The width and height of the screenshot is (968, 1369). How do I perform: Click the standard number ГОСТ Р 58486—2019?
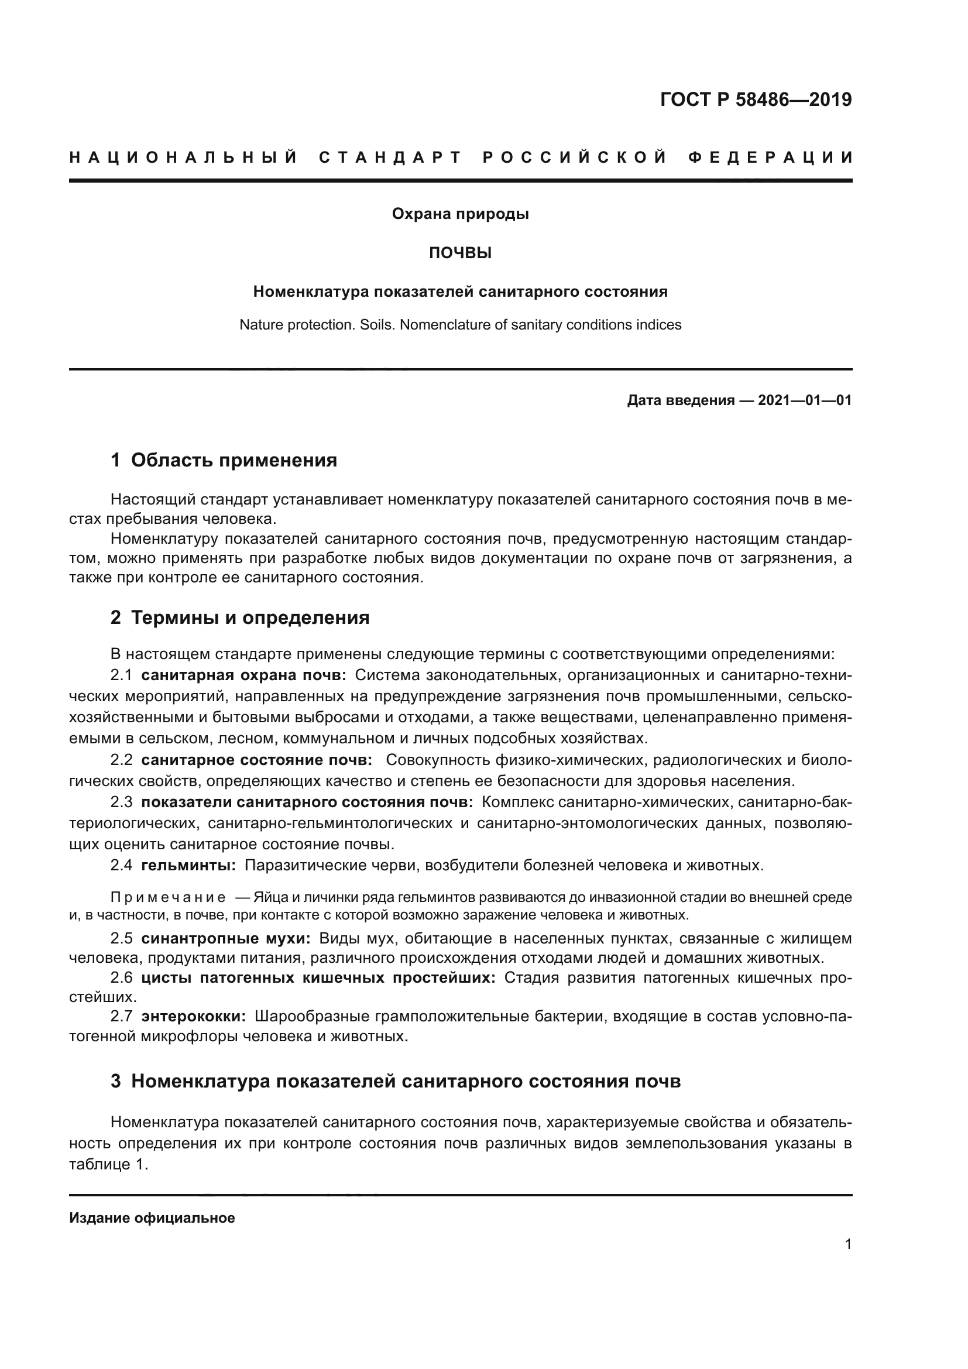(755, 99)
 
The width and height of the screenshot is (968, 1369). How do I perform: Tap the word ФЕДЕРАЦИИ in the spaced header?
(770, 157)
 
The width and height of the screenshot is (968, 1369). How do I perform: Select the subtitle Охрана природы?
(460, 214)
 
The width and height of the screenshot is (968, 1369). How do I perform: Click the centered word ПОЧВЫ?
(460, 253)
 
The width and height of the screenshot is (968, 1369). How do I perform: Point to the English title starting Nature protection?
(460, 325)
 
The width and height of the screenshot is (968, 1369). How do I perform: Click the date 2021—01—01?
(805, 400)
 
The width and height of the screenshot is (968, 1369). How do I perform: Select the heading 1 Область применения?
(224, 459)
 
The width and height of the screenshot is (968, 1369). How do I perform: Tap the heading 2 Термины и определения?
(239, 617)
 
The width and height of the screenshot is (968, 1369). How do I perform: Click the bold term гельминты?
(188, 865)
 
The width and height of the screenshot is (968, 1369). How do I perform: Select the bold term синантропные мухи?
(225, 938)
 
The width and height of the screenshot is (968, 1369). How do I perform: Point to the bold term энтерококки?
(194, 1017)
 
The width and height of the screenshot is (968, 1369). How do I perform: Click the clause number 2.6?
(122, 978)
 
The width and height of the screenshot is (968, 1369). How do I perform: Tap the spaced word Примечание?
(168, 897)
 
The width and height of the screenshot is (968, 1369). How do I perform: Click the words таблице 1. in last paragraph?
(108, 1165)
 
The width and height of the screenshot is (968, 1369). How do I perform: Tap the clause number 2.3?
(122, 802)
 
